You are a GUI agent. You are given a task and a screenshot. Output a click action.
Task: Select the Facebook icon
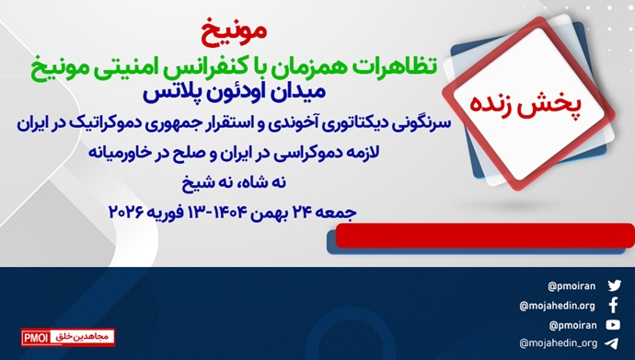click(x=614, y=305)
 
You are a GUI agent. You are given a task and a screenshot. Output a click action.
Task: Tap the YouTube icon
click(x=614, y=324)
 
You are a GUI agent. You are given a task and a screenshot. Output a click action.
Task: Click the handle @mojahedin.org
click(x=558, y=305)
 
